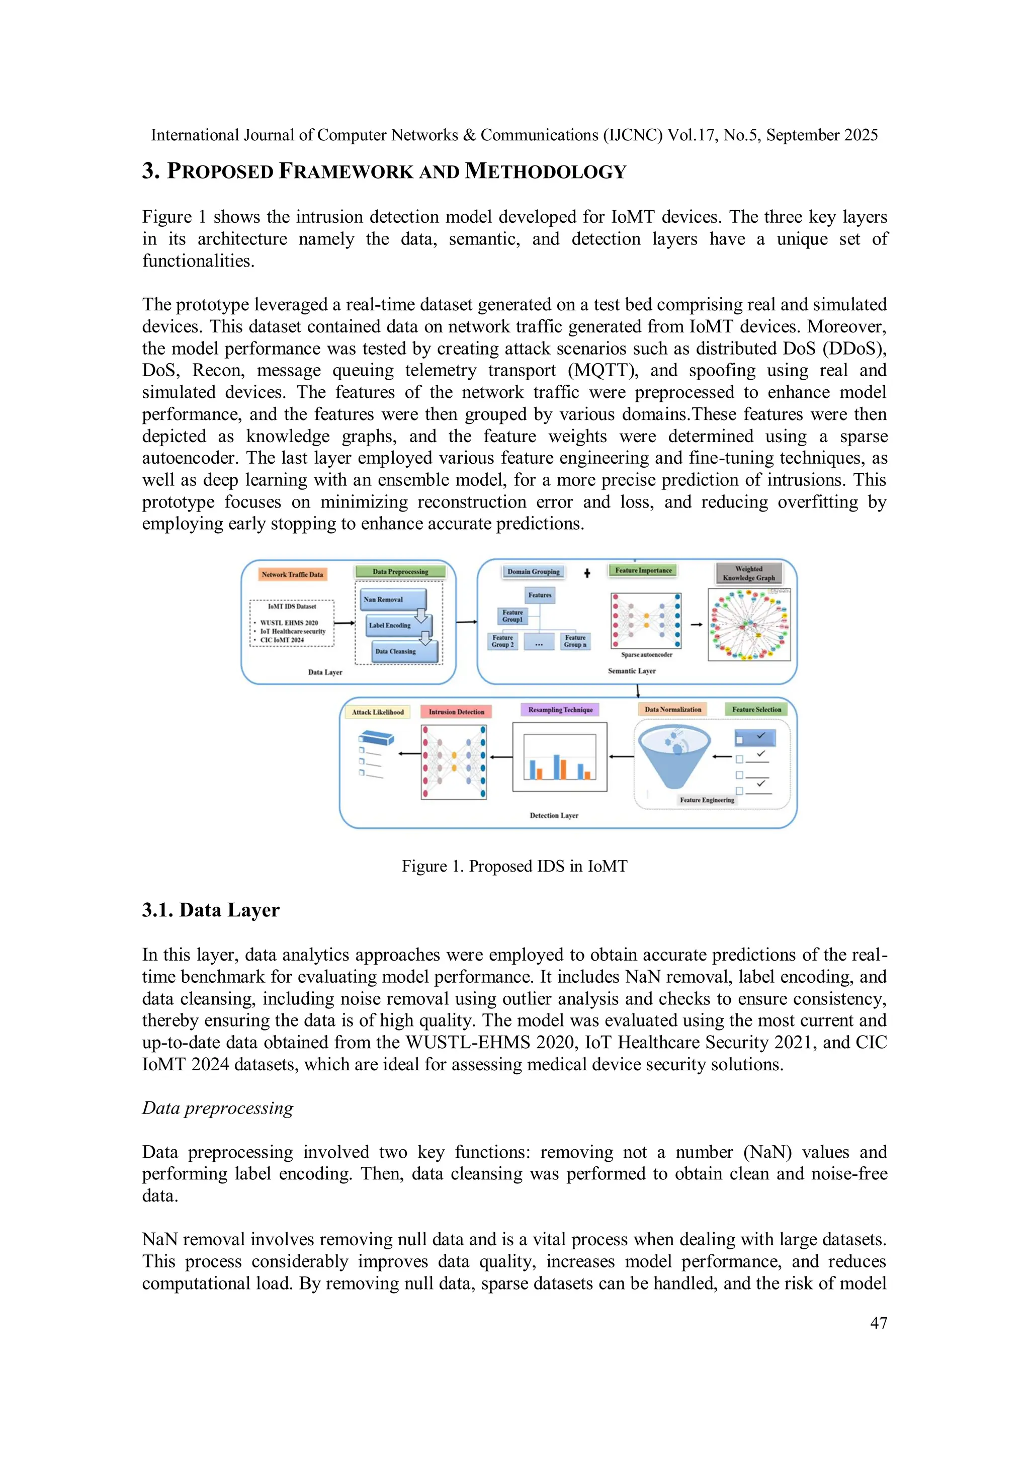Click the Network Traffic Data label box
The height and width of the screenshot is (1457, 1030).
pyautogui.click(x=292, y=574)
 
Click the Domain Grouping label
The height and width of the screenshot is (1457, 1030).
pyautogui.click(x=533, y=572)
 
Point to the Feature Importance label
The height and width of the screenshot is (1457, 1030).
pyautogui.click(x=643, y=570)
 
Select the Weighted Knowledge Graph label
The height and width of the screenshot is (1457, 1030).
pyautogui.click(x=749, y=573)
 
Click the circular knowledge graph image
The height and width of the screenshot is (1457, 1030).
pyautogui.click(x=749, y=625)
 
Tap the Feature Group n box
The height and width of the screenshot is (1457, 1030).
pyautogui.click(x=575, y=641)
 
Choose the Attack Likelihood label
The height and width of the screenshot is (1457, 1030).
pyautogui.click(x=378, y=712)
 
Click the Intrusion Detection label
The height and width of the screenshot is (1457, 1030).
pyautogui.click(x=456, y=712)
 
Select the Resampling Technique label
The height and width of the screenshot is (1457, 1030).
pyautogui.click(x=560, y=710)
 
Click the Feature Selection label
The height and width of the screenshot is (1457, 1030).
pyautogui.click(x=756, y=710)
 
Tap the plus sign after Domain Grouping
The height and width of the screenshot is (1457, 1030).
pyautogui.click(x=587, y=573)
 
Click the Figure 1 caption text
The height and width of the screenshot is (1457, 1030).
pyautogui.click(x=514, y=866)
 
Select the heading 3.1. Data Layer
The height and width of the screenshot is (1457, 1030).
pyautogui.click(x=211, y=910)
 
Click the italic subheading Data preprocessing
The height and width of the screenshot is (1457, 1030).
pyautogui.click(x=218, y=1108)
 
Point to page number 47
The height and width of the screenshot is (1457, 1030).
pyautogui.click(x=878, y=1323)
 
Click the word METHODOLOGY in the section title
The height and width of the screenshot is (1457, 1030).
pyautogui.click(x=545, y=172)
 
